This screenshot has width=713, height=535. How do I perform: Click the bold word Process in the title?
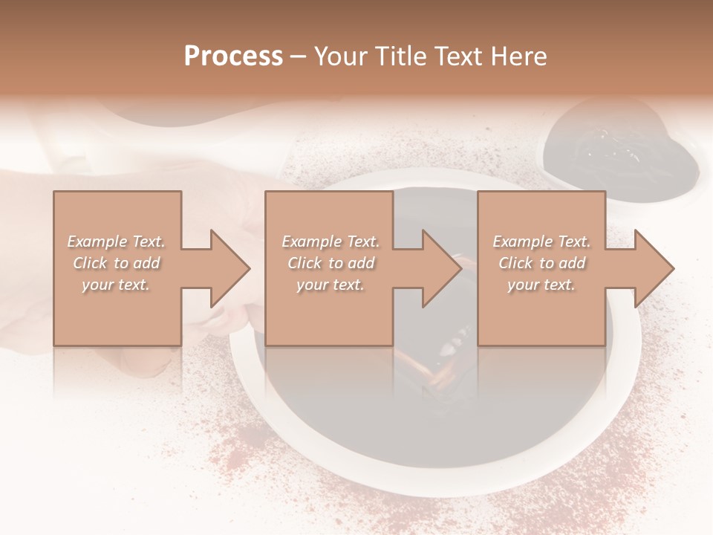click(233, 56)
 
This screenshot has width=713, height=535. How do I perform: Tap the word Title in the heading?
click(401, 56)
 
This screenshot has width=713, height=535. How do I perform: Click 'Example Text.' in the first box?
click(116, 241)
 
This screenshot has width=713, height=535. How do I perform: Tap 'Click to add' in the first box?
click(116, 263)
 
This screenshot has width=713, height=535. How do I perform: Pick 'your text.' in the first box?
click(116, 285)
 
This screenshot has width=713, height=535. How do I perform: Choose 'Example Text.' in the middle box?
click(331, 241)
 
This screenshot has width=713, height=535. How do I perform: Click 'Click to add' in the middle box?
click(331, 263)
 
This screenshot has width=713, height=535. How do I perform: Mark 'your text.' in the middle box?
click(331, 285)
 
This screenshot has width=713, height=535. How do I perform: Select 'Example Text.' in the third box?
click(541, 241)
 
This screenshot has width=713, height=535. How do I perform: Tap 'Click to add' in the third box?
click(541, 263)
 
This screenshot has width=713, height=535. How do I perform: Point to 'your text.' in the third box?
click(541, 285)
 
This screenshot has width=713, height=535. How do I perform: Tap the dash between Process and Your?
click(299, 56)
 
